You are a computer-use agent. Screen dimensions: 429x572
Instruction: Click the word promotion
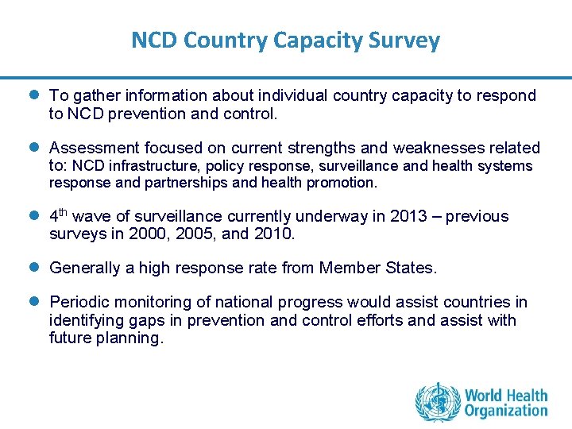pyautogui.click(x=346, y=182)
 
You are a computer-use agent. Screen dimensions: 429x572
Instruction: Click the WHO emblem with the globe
pyautogui.click(x=438, y=402)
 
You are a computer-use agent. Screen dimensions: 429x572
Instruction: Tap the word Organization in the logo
pyautogui.click(x=506, y=411)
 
